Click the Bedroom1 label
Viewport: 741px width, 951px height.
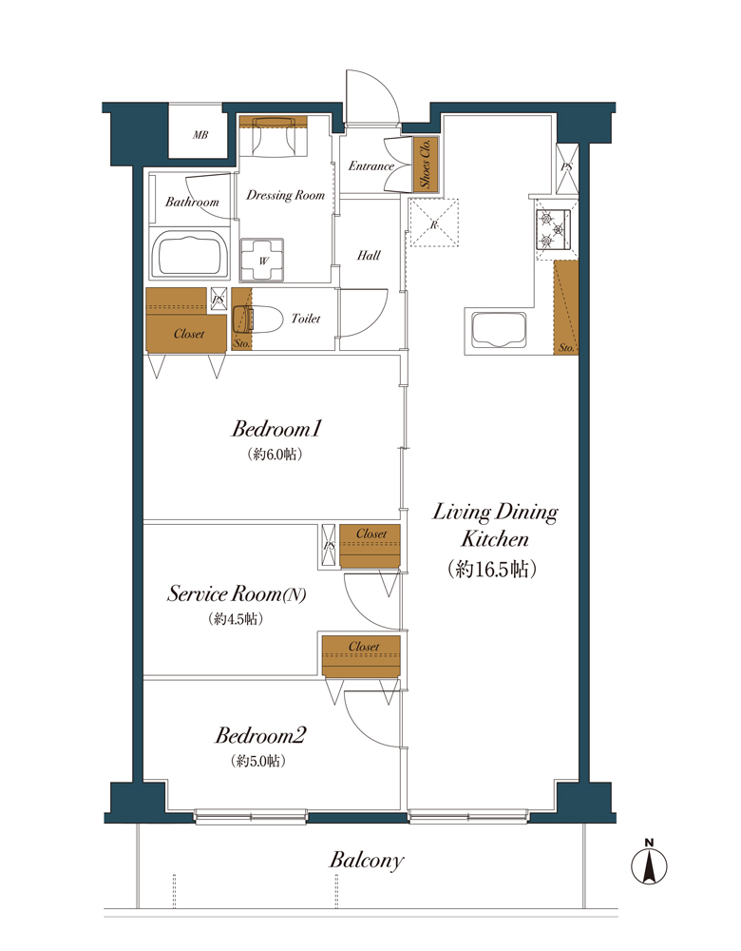coord(276,429)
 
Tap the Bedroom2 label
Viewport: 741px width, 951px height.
coord(260,736)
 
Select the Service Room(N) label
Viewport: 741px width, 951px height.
coord(237,593)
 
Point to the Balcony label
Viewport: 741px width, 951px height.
coord(367,860)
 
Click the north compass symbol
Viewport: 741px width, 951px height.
coord(649,863)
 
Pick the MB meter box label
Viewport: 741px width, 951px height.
coord(200,135)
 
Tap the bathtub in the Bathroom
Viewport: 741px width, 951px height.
coord(190,255)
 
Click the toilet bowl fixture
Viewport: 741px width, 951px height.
coord(258,319)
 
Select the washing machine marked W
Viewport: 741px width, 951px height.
coord(262,261)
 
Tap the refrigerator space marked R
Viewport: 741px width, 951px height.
coord(434,223)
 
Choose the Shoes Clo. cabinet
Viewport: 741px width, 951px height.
coord(425,164)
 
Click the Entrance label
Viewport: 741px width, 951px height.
coord(371,165)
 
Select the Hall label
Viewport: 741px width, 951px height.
coord(369,255)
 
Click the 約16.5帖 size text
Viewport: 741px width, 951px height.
coord(492,569)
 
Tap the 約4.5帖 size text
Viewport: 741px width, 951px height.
coord(236,619)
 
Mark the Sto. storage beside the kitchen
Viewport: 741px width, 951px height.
coord(566,307)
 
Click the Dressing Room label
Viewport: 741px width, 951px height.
coord(285,195)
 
